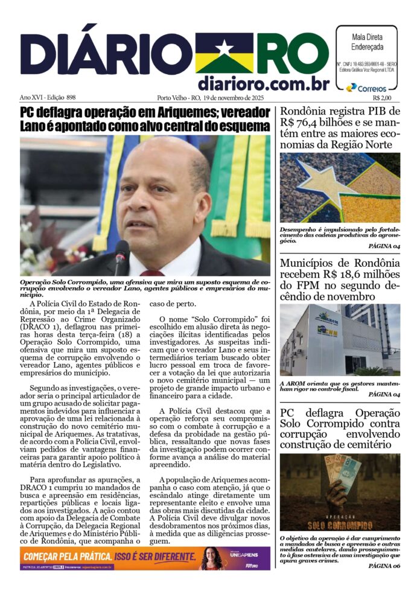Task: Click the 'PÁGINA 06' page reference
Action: click(x=384, y=566)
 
